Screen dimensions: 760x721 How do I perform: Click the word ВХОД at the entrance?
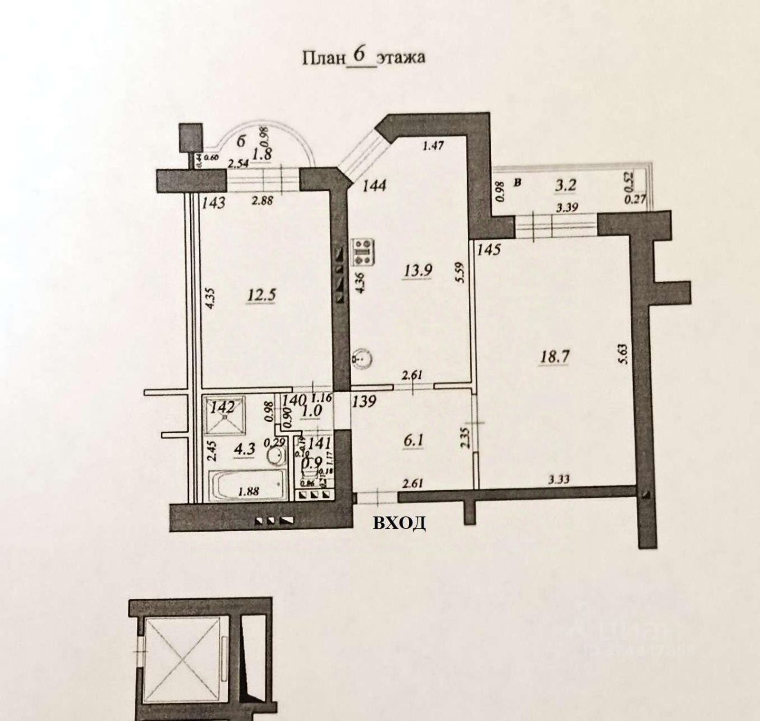(399, 523)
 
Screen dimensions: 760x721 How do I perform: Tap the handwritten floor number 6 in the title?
(359, 55)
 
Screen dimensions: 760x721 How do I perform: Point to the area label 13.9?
(418, 271)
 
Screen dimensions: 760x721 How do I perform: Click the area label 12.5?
(261, 295)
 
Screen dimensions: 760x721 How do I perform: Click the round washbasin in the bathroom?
(275, 456)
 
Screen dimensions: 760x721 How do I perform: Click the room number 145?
(489, 250)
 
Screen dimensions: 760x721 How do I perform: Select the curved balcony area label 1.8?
(262, 155)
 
